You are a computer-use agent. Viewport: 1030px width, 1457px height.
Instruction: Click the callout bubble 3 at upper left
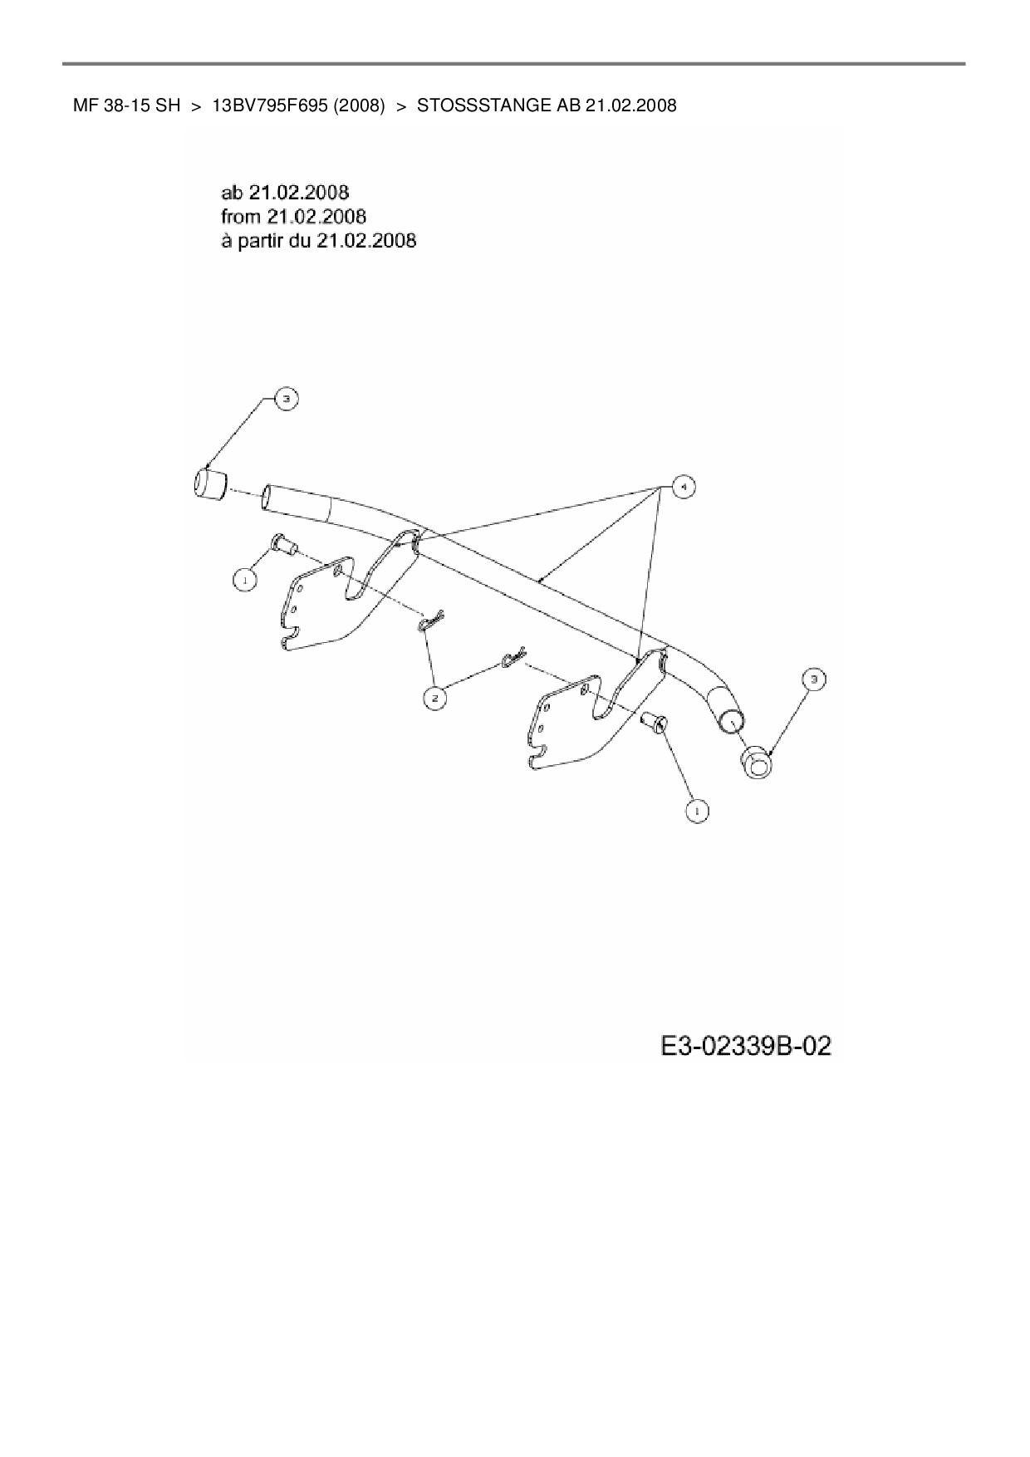285,400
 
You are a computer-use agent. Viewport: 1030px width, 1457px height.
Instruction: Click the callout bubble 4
682,487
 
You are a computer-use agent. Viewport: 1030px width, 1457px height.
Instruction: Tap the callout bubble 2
434,699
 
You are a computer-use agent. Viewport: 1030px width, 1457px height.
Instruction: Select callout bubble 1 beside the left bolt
244,580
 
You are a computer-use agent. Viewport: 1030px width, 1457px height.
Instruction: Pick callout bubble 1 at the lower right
697,809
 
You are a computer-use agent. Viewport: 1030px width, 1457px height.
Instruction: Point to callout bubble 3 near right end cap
813,679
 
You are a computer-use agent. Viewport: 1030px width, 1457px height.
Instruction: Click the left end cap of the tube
209,484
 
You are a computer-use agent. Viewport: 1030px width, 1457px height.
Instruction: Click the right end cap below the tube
755,763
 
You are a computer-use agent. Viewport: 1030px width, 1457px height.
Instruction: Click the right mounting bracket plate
573,723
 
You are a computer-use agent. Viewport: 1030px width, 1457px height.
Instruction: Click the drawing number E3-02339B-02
745,1046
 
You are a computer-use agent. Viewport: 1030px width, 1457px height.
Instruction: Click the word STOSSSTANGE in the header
478,105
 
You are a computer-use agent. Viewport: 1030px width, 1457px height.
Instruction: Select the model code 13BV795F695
270,105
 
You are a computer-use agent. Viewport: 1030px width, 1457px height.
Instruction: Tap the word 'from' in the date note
241,217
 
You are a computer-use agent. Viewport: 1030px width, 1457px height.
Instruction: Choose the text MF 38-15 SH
126,105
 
